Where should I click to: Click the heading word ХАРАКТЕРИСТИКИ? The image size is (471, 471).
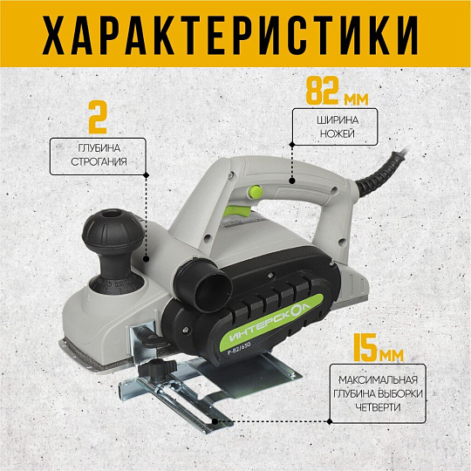(229, 34)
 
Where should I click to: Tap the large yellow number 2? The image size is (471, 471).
(98, 117)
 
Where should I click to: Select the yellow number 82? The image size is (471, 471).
(322, 90)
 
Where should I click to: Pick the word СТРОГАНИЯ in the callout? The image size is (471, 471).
(99, 161)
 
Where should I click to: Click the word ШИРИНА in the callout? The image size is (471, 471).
(338, 120)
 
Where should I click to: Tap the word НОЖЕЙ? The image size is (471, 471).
(337, 133)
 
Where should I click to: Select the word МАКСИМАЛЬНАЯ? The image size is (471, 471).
(379, 380)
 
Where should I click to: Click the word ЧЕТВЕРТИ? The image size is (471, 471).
(379, 407)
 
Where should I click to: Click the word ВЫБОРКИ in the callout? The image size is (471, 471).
(400, 393)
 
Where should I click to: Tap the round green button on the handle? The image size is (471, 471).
(256, 191)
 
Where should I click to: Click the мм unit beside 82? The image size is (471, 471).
(356, 99)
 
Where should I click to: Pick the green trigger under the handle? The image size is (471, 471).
(239, 211)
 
